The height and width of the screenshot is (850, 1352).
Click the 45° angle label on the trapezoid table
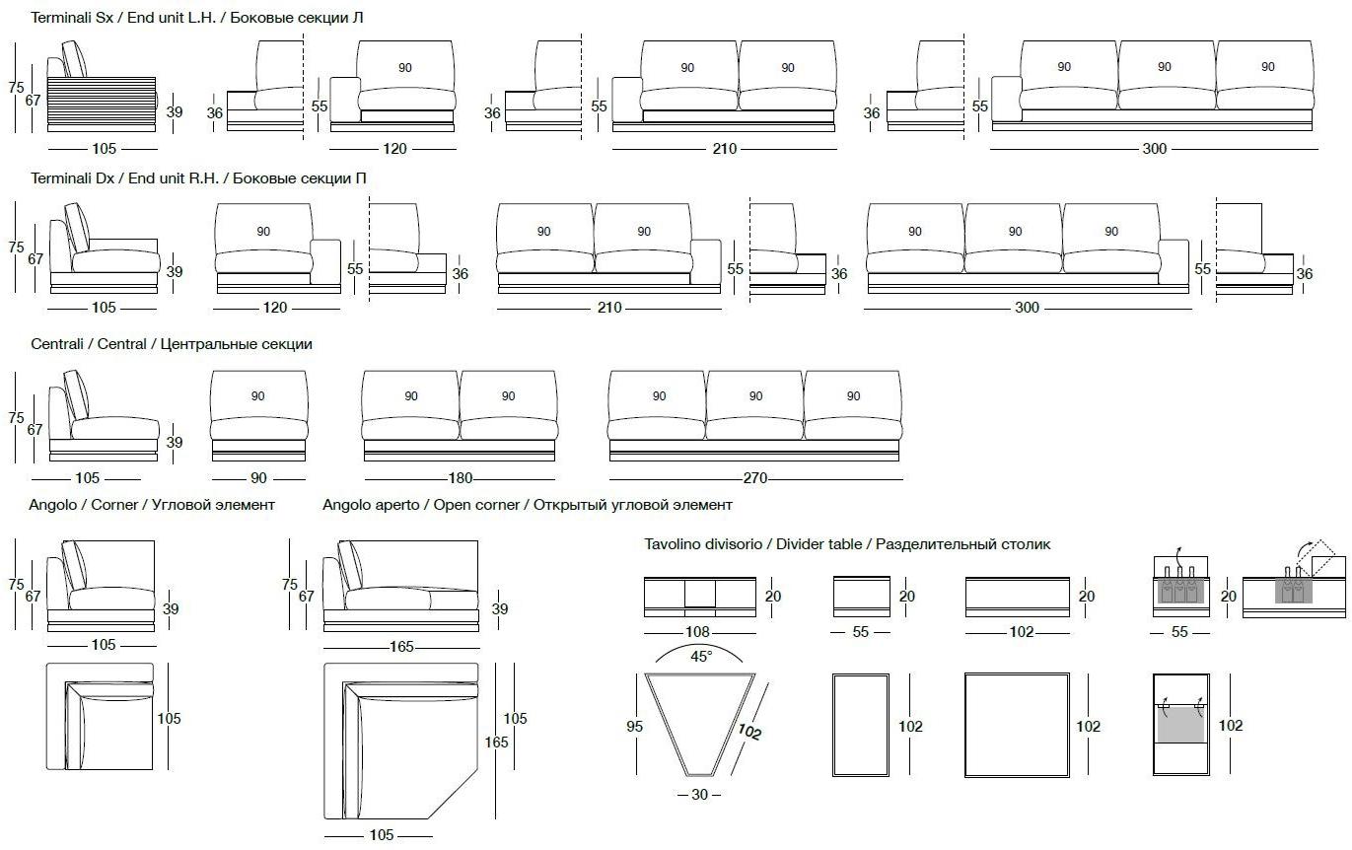700,656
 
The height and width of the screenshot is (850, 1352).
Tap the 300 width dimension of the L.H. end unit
1154,149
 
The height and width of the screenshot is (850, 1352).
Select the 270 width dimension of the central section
755,478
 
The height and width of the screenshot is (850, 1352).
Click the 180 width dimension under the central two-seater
461,478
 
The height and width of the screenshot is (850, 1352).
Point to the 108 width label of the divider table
699,631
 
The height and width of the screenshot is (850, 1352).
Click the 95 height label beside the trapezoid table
634,727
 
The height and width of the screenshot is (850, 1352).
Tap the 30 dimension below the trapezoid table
699,795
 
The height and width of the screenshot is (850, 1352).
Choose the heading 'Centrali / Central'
172,344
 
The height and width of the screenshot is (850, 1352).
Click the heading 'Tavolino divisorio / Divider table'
847,544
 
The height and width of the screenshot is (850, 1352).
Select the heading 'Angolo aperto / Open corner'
528,505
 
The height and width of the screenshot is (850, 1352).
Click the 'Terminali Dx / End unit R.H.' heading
198,178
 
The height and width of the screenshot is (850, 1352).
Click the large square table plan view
1018,726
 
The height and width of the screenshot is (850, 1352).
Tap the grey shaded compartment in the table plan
1180,725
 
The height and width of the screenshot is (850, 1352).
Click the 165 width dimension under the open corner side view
401,648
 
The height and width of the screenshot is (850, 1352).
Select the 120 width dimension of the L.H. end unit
393,149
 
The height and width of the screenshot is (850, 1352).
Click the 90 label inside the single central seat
258,396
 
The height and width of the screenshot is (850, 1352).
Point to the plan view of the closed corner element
101,718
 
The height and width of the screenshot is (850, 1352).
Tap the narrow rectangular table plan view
862,726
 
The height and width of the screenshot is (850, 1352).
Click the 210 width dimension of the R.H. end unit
609,308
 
